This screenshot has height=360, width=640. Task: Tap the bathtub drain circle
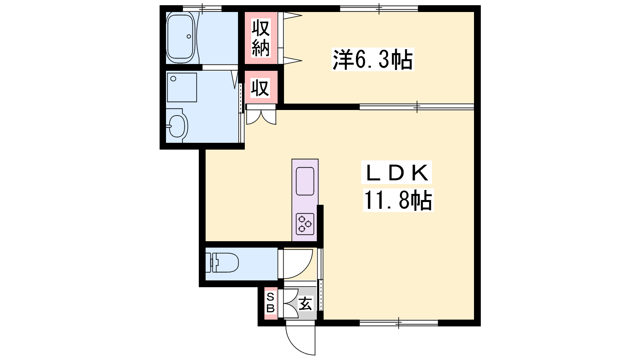tap(188, 36)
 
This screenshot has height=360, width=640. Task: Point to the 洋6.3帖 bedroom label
tap(372, 60)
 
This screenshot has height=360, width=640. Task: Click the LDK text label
tap(396, 172)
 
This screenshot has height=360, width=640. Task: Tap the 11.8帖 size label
tap(398, 200)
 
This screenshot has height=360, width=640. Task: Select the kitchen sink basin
tap(305, 181)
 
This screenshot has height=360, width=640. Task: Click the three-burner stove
tap(305, 224)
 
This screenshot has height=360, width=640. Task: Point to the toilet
tap(222, 262)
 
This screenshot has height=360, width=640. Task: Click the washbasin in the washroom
tap(177, 126)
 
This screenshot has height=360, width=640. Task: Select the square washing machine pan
tap(182, 88)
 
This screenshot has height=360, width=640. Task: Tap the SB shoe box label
tap(270, 303)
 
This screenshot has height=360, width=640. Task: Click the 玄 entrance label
tap(306, 304)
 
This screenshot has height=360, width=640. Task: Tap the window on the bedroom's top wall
tap(379, 8)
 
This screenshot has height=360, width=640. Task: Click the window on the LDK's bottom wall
tap(398, 323)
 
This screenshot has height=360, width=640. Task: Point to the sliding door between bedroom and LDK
tap(416, 107)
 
